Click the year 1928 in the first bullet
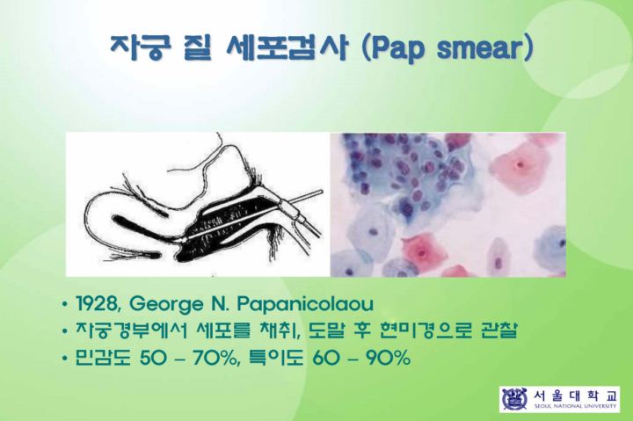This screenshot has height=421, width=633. [x=98, y=304]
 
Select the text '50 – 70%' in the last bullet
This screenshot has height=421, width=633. [x=188, y=358]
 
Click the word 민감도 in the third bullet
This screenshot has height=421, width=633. [x=103, y=358]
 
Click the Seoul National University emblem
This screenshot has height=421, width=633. [x=514, y=399]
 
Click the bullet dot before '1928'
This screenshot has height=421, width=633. [x=64, y=305]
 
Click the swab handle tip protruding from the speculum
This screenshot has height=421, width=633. [x=321, y=192]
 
